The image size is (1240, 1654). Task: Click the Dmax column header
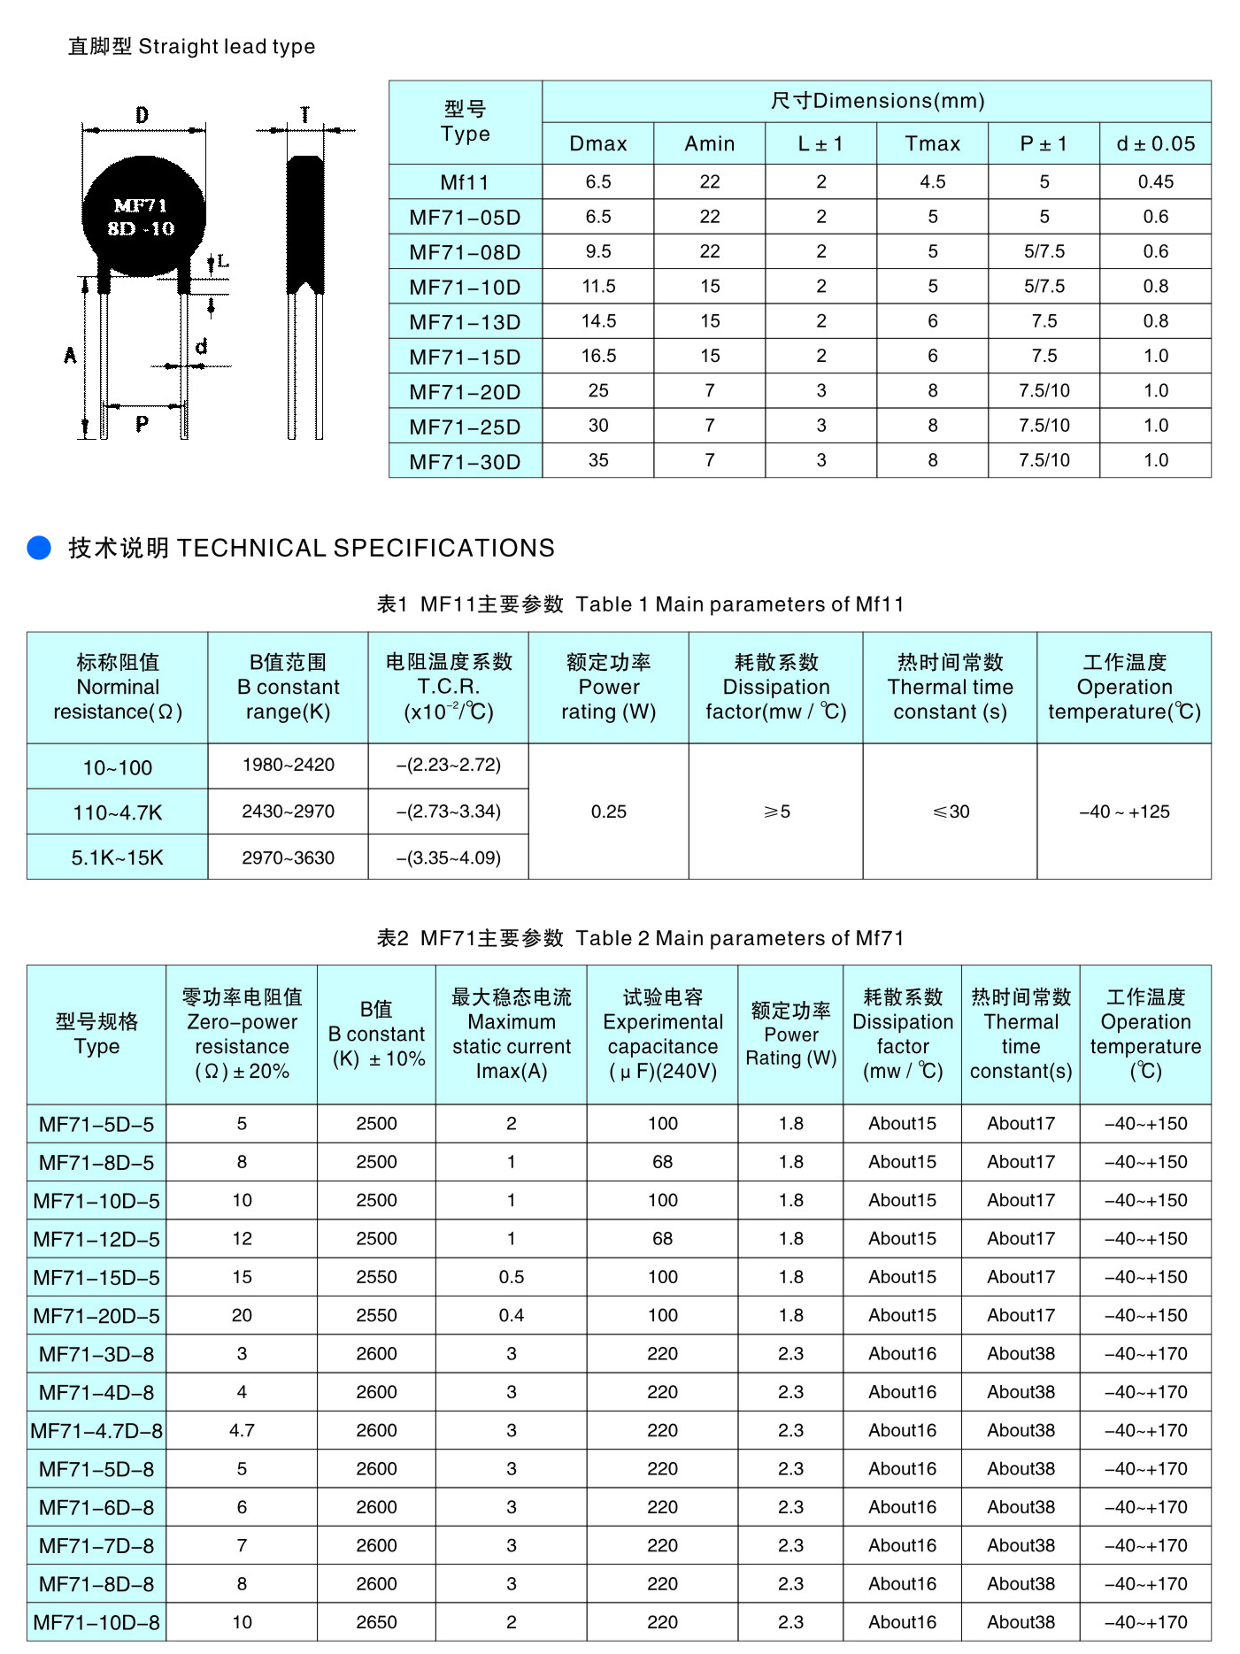[598, 143]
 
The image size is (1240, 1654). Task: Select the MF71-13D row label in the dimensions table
[465, 322]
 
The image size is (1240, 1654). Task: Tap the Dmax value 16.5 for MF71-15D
[598, 356]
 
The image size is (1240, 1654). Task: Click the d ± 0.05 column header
[1155, 143]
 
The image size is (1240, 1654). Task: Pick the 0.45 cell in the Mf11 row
[1155, 181]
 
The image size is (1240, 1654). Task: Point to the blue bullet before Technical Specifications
[39, 548]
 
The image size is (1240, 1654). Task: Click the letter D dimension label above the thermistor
[142, 115]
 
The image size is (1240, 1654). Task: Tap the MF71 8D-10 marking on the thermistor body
[142, 218]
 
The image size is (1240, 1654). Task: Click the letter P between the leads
[142, 424]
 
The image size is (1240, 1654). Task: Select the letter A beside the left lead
[70, 356]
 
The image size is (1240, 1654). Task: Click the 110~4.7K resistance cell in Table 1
[118, 812]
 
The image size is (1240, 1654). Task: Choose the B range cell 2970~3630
[289, 858]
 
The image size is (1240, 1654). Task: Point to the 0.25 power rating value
[609, 812]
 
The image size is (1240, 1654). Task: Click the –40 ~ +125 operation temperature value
[1124, 812]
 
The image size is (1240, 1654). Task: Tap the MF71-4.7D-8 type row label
[96, 1431]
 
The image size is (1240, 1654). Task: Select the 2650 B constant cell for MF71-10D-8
[376, 1622]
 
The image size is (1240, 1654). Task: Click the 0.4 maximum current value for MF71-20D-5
[511, 1316]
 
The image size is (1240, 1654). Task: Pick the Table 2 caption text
[640, 938]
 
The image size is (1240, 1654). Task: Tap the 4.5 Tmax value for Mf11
[932, 181]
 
